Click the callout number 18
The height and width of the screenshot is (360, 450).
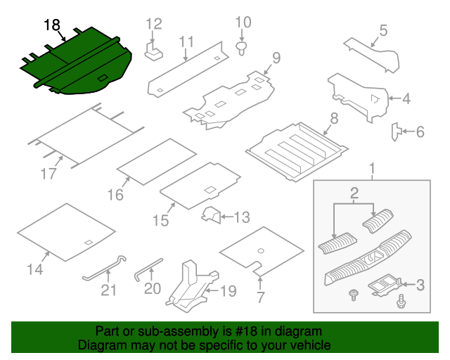51,25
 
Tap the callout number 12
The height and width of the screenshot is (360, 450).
154,24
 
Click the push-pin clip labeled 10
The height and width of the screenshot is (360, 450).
242,48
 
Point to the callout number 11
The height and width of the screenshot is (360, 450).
186,43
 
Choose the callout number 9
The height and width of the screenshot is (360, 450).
276,57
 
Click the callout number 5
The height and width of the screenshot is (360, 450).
383,30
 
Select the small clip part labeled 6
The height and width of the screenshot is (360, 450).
397,130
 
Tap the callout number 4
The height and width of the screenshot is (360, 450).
406,99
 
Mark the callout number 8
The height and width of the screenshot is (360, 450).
334,118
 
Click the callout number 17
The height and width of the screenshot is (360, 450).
48,174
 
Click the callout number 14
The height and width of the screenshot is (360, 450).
34,269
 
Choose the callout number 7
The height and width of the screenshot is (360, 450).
260,297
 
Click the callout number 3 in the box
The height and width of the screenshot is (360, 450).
420,285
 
